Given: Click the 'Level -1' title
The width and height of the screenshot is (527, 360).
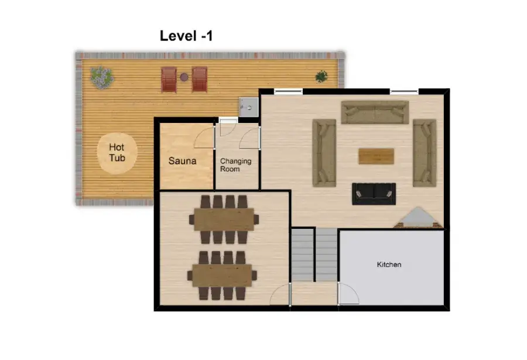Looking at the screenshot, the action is (x=186, y=36).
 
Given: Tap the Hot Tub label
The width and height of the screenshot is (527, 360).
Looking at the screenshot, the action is (x=117, y=152).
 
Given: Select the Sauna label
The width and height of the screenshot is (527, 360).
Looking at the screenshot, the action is (x=182, y=161).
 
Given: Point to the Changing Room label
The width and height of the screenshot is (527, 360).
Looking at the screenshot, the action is (x=235, y=165).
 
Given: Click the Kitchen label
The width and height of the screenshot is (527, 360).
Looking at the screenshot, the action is (x=389, y=265).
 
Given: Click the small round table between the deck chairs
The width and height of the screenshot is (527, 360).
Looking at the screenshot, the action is (x=184, y=77).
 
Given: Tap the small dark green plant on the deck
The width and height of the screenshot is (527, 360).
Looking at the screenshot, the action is (x=321, y=77).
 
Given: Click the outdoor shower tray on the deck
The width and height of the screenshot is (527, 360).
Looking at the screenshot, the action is (x=249, y=107).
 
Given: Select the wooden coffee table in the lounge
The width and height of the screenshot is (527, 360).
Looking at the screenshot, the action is (x=376, y=156).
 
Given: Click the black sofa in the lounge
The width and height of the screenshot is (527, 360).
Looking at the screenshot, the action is (x=374, y=194).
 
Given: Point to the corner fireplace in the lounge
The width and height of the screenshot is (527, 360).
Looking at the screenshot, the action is (x=418, y=218).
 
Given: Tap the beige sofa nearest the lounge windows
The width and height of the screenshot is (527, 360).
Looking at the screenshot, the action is (x=375, y=112).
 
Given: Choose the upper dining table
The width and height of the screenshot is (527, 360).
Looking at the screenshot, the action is (x=224, y=220).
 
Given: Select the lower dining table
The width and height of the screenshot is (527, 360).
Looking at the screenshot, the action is (x=222, y=275).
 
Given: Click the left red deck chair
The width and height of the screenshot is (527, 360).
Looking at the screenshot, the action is (x=169, y=80).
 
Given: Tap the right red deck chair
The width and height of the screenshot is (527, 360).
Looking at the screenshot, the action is (x=199, y=80).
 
